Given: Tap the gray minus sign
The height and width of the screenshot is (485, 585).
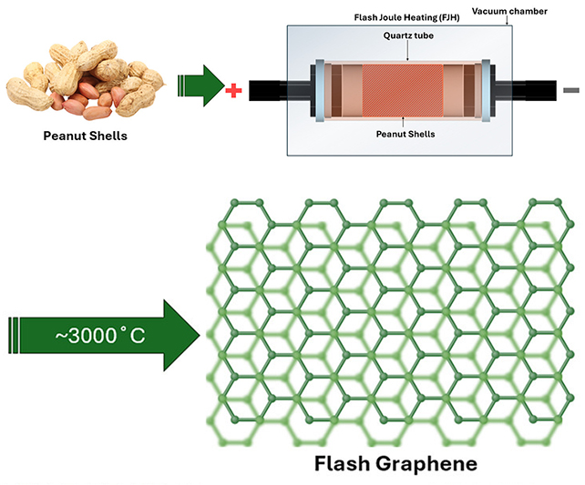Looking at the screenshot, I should (571, 90).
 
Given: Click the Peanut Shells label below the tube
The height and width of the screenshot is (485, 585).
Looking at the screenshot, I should (403, 134).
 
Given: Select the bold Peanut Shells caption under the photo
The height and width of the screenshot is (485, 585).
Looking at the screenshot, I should (85, 138).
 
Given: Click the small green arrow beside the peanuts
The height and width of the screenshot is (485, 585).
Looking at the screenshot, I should (199, 87).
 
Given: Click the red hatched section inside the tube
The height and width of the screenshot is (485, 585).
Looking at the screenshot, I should (402, 89).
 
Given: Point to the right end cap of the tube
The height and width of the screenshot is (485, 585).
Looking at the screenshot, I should (487, 89).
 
